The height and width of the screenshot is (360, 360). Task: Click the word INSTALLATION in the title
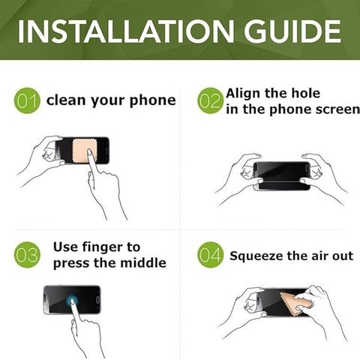point(126,31)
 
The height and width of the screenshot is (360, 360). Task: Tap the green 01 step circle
point(27,100)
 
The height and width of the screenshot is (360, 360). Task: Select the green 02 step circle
point(210,100)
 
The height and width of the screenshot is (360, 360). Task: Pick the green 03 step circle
point(27,255)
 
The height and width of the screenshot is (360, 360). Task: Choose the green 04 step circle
point(210,255)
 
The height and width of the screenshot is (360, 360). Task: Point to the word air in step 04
point(320,256)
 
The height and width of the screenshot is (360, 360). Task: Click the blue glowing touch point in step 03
point(72,300)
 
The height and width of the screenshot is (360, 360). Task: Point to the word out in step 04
point(343,256)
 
